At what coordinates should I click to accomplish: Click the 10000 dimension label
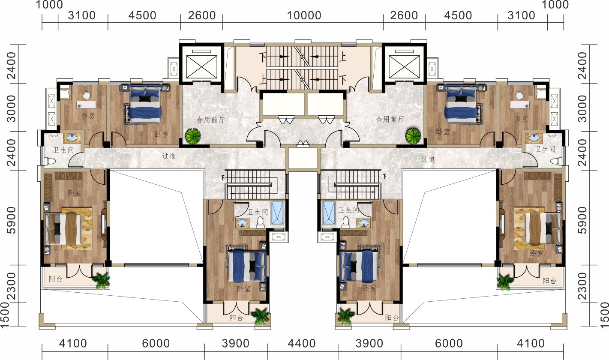304,15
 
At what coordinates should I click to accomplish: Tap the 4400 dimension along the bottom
302,344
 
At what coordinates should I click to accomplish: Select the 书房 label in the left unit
88,116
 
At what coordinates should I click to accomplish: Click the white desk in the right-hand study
520,105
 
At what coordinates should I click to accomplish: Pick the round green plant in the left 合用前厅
193,136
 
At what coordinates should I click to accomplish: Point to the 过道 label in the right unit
428,159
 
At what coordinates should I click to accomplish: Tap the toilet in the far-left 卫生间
51,162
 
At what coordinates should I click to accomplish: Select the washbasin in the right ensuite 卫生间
363,223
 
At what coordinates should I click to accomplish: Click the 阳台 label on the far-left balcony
55,279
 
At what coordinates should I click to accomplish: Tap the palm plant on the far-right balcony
505,282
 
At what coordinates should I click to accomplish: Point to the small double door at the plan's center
303,144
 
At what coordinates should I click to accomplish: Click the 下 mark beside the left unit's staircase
223,177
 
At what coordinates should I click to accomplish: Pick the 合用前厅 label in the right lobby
390,119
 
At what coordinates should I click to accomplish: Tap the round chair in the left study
87,96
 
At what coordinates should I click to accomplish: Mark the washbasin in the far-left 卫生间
72,138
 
